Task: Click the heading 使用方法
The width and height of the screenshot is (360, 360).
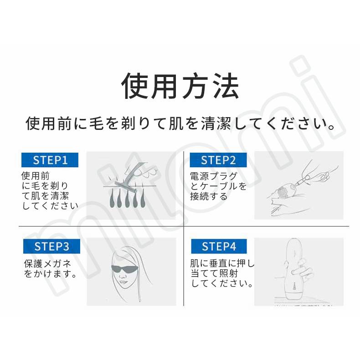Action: point(180,85)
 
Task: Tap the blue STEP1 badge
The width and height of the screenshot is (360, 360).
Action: point(50,160)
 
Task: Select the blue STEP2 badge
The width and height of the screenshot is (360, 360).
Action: point(218,160)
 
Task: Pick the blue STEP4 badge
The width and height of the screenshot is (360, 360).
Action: point(219,247)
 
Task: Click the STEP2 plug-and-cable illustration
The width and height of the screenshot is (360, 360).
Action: point(296,185)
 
